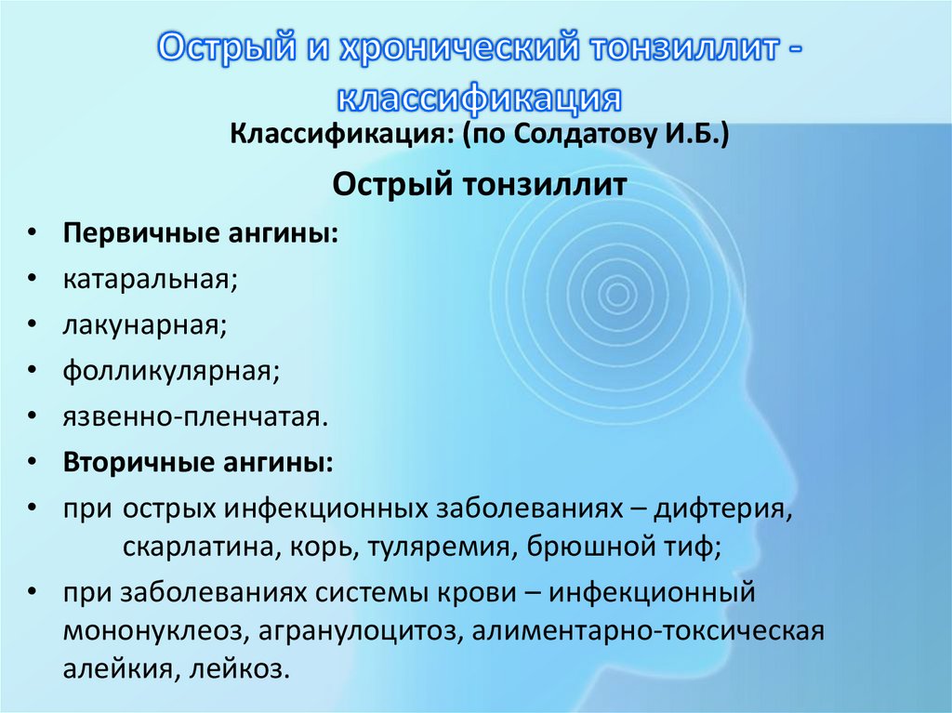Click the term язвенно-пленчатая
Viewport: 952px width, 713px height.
pyautogui.click(x=195, y=416)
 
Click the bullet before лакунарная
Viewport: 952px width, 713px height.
pyautogui.click(x=33, y=324)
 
